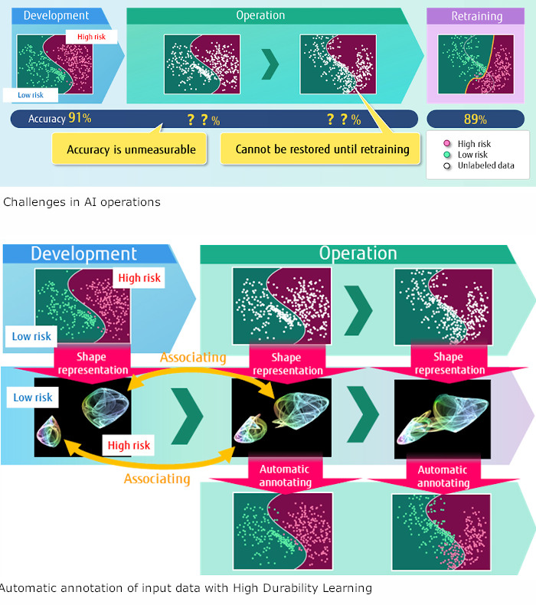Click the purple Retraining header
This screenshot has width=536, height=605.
point(476,16)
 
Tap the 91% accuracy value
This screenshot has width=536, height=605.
point(80,119)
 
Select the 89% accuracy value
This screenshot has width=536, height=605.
point(476,119)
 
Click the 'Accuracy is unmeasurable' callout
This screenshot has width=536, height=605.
point(131,149)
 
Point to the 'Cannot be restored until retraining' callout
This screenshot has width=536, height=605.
point(322,149)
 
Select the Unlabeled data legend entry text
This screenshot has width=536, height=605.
point(485,165)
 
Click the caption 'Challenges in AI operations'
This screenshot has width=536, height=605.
point(82,202)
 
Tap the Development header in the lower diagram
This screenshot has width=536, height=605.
point(84,254)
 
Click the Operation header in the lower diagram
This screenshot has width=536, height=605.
point(358,253)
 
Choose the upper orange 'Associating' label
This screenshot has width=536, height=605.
point(193,357)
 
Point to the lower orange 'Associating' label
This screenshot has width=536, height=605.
point(157,479)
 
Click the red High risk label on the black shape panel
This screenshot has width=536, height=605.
point(129,445)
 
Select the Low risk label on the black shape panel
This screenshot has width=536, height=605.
point(33,397)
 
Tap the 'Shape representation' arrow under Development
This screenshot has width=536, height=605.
point(92,363)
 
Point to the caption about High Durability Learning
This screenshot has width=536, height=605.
point(185,588)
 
